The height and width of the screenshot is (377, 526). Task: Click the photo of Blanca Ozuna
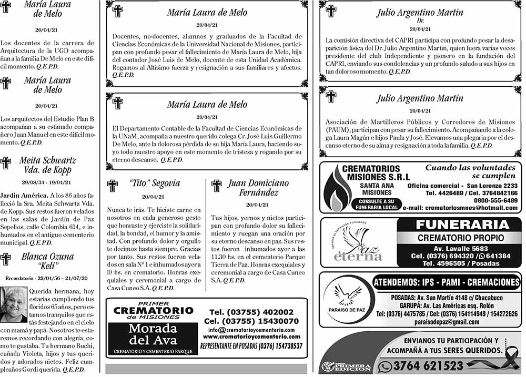click(14, 304)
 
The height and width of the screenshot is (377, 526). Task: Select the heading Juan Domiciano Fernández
click(258, 188)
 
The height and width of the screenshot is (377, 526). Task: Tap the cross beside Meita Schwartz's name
click(6, 163)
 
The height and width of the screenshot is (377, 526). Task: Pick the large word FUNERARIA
click(462, 225)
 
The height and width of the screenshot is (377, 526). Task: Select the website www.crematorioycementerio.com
click(251, 337)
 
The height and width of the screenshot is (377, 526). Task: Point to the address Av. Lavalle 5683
click(460, 249)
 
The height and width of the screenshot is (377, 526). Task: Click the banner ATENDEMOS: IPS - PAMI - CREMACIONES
click(446, 282)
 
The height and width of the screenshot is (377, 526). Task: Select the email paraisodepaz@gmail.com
click(447, 322)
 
